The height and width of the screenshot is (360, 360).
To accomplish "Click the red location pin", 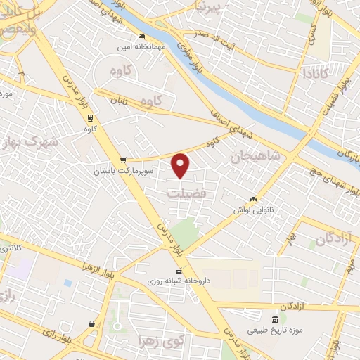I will click(181, 165).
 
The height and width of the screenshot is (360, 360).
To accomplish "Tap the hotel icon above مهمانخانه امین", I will click(143, 37).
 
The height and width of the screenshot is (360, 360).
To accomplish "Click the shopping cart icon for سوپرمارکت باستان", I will click(124, 160).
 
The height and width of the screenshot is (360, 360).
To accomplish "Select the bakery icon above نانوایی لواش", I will click(253, 200).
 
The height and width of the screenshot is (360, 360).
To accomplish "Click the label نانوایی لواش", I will click(253, 210).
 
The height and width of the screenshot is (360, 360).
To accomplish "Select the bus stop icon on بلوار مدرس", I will click(89, 117).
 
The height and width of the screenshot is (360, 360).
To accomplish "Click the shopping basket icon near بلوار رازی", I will click(92, 324).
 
